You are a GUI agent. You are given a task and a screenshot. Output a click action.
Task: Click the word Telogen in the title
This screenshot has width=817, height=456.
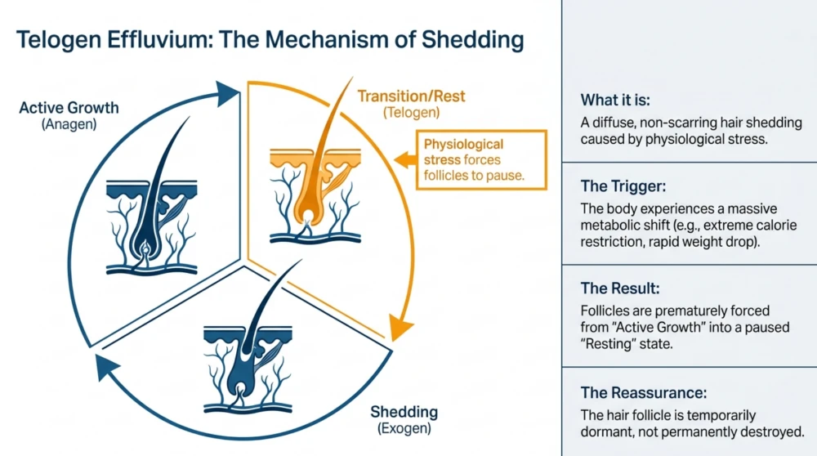click(x=58, y=40)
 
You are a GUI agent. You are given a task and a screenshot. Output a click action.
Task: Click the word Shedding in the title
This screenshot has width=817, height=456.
click(x=472, y=40)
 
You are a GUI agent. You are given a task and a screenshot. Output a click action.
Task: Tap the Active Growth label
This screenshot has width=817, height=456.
click(x=69, y=108)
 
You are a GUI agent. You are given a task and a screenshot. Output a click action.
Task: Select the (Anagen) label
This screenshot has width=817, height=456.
click(x=69, y=124)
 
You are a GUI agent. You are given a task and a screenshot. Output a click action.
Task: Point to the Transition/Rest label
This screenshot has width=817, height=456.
click(x=411, y=96)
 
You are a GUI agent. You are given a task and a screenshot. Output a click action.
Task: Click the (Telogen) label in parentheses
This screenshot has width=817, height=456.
click(x=411, y=113)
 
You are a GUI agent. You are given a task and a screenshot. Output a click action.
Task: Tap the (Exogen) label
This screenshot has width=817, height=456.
click(x=404, y=428)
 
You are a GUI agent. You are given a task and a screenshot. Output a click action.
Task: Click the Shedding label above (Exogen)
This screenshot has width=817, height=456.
click(x=404, y=412)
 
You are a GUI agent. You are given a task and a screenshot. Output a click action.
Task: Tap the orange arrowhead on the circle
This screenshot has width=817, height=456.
click(x=400, y=327)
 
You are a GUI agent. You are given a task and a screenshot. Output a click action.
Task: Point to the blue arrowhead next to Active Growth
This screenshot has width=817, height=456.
click(x=227, y=94)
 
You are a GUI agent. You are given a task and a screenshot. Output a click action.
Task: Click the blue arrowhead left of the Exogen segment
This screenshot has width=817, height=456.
click(x=107, y=366)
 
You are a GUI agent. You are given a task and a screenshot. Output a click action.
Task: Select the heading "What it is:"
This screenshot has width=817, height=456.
click(x=615, y=100)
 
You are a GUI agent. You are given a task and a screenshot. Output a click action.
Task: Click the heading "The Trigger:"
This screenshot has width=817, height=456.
click(x=623, y=186)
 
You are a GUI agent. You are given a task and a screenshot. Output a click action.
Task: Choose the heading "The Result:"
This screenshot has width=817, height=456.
click(x=620, y=288)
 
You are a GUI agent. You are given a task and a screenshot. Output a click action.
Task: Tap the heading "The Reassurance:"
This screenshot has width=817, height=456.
click(x=644, y=392)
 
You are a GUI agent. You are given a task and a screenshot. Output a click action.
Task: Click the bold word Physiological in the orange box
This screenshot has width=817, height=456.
click(x=463, y=145)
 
